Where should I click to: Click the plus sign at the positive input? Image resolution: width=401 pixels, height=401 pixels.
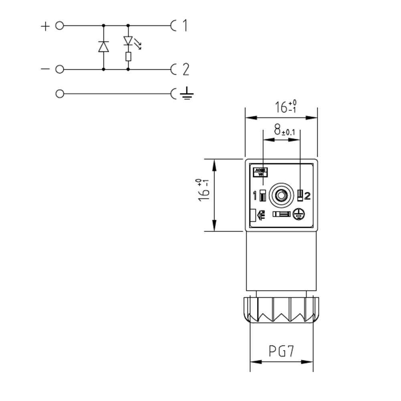point(45,26)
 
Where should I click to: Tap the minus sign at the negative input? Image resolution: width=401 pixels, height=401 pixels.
point(45,69)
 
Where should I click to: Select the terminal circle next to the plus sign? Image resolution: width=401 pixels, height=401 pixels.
point(59,26)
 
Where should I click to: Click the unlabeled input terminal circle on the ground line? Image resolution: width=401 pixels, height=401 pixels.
point(59,94)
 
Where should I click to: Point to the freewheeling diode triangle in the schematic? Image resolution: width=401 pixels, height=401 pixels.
point(103,47)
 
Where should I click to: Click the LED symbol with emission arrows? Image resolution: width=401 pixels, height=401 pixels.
point(128,41)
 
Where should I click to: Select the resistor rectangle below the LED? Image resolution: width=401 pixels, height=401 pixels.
point(128,56)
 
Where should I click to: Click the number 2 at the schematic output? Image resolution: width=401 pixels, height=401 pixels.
point(185,70)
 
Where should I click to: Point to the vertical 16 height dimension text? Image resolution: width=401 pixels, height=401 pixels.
point(204,189)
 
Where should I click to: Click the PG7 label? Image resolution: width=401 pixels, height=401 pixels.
point(282,352)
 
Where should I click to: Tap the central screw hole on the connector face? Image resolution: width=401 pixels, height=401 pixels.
point(281,195)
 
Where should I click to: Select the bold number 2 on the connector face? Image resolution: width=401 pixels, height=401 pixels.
point(308,196)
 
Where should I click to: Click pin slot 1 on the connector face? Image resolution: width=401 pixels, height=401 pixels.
point(263,195)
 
